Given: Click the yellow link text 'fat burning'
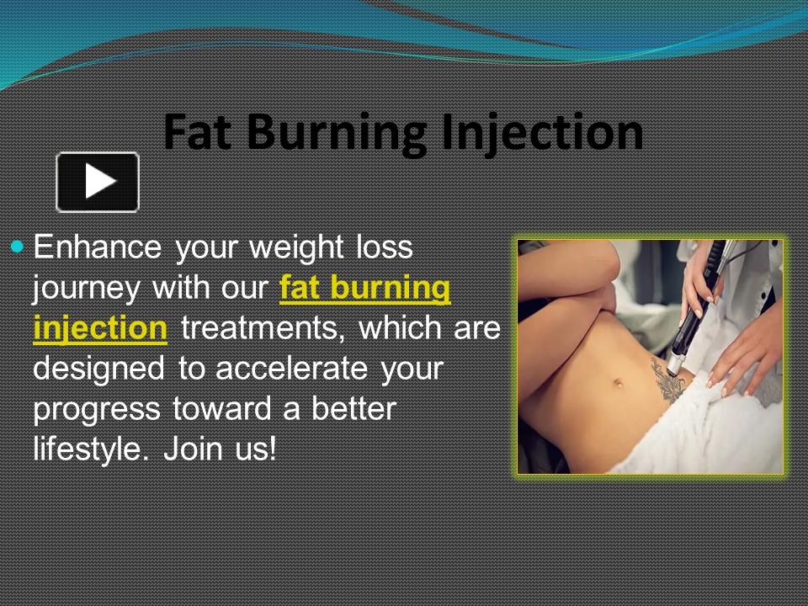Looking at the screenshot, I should pos(364,289).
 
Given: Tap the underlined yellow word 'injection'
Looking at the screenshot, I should pos(99,329).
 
